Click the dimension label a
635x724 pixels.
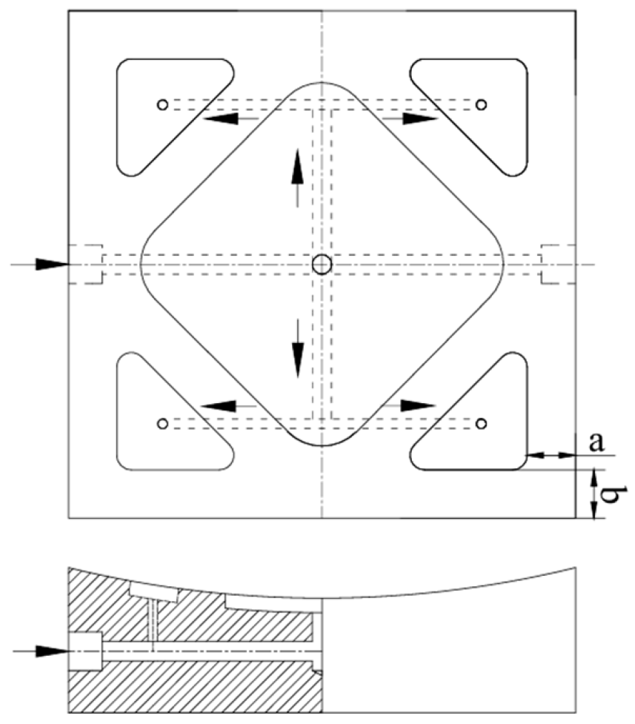(596, 443)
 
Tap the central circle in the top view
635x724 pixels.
(322, 265)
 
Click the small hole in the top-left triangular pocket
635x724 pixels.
(162, 104)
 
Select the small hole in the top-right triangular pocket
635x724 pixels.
(481, 104)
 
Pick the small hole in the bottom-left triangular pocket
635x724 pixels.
(162, 423)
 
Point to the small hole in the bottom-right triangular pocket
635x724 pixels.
(481, 423)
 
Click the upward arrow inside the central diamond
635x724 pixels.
(298, 179)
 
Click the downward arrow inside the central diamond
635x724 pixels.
(298, 348)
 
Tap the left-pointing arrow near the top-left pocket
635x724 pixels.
(230, 119)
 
